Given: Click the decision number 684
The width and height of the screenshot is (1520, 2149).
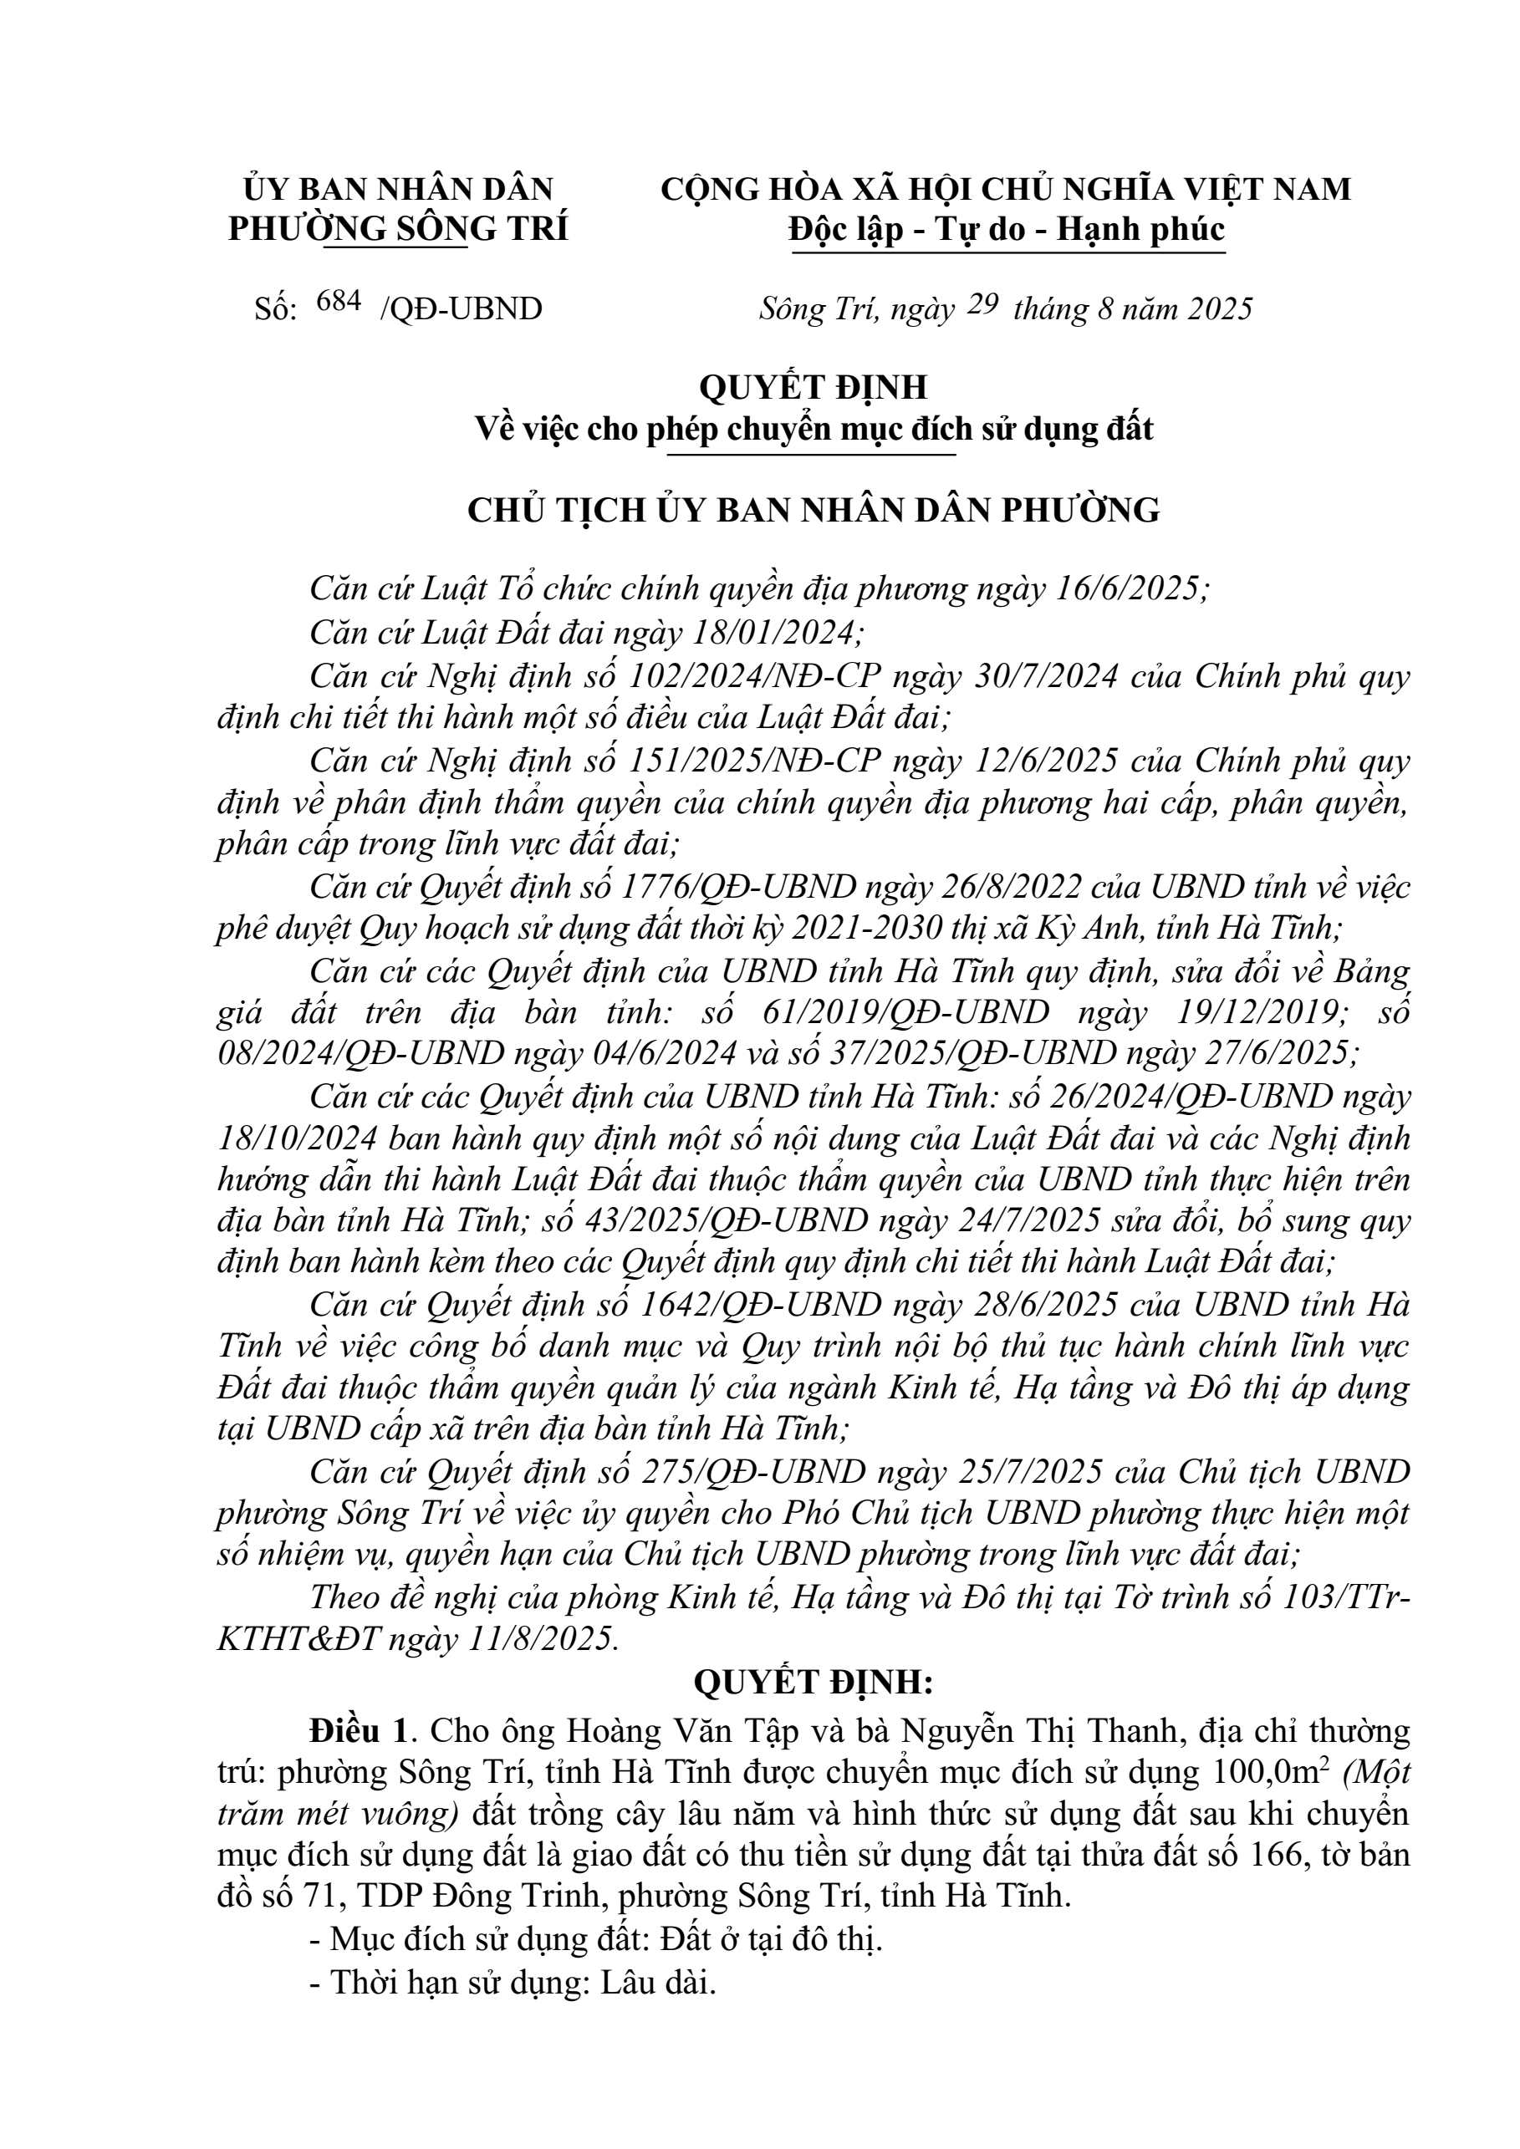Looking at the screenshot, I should (x=339, y=302).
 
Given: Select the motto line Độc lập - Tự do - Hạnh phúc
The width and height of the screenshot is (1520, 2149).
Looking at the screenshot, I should (x=1006, y=228).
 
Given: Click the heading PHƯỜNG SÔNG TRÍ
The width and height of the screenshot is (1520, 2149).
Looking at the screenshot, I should (x=398, y=228).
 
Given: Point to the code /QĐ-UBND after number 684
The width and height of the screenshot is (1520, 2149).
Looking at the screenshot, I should (x=462, y=310).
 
